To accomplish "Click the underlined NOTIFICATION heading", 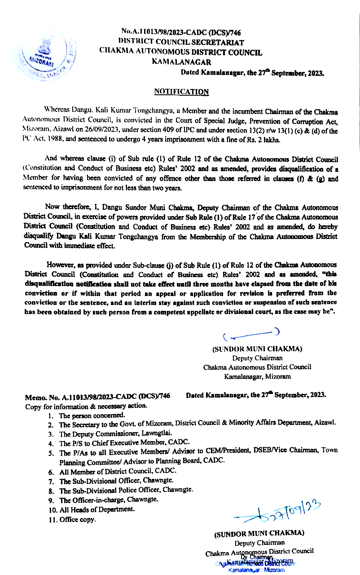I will coord(181,91).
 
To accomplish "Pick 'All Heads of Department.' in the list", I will coord(97,510).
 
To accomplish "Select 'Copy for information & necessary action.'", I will coord(86,406).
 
